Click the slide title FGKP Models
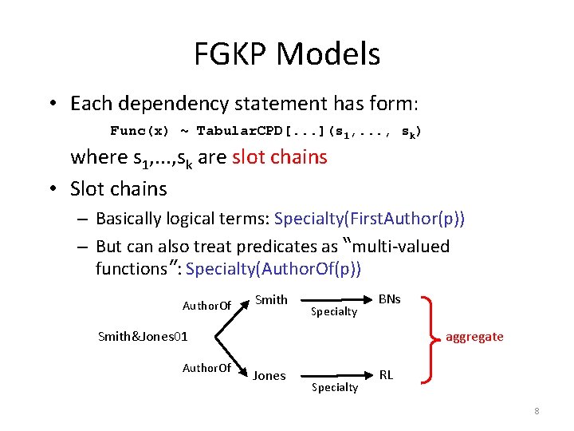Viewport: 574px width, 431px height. click(287, 54)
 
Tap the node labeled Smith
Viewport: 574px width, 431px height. click(271, 300)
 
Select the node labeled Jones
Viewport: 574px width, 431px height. click(269, 375)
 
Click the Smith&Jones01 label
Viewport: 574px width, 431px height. click(143, 336)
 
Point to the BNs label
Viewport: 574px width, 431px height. click(389, 299)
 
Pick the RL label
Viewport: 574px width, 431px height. click(386, 374)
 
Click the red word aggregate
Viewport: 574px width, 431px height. click(474, 336)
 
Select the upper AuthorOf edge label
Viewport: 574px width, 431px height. click(206, 306)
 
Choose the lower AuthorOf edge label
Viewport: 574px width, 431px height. click(206, 368)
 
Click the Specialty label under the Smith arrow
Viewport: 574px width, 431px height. click(334, 312)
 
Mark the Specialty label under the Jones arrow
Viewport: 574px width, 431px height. click(334, 387)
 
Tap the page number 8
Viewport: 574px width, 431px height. click(537, 411)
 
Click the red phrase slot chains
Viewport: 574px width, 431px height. click(279, 157)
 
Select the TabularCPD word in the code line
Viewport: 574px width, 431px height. click(238, 130)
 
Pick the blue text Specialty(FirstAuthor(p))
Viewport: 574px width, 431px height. click(369, 218)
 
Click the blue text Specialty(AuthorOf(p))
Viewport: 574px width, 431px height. click(273, 268)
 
